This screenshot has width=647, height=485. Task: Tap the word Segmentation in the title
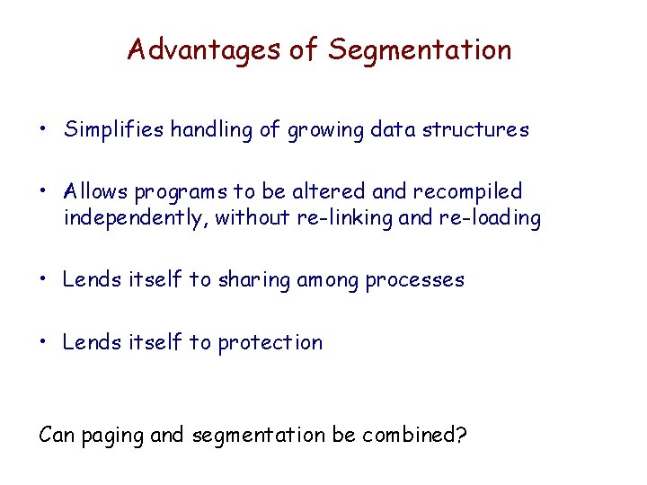click(420, 49)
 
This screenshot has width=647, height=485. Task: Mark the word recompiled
click(468, 192)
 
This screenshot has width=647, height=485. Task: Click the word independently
click(135, 219)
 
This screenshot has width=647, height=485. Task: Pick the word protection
click(270, 342)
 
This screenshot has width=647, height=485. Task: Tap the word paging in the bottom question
click(109, 436)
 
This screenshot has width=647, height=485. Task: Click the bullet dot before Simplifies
click(43, 130)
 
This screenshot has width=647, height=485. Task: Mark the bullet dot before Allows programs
click(43, 191)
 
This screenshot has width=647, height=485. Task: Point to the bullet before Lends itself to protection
click(43, 342)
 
